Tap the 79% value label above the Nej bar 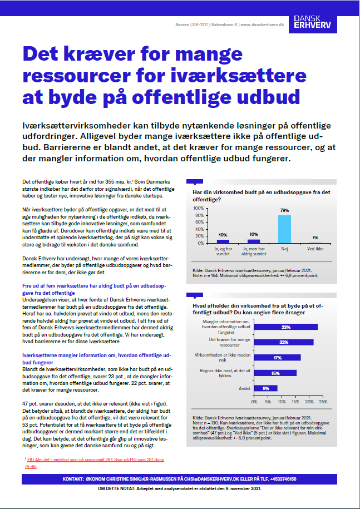coord(284,211)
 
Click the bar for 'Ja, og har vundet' coord(223,241)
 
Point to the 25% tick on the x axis coord(322,401)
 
